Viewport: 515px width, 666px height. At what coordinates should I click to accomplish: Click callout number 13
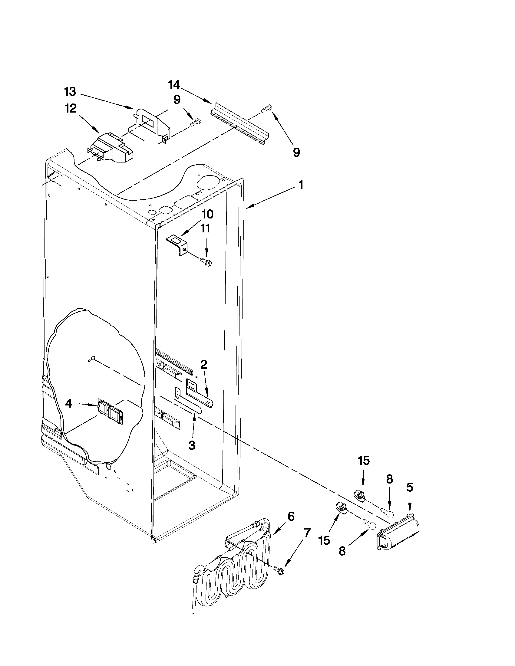70,91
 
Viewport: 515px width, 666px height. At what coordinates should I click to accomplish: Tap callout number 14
174,85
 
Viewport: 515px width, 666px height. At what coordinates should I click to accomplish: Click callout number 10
207,214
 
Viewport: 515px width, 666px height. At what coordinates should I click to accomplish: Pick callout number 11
205,228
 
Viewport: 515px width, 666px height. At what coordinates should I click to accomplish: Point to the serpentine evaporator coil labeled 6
232,567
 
